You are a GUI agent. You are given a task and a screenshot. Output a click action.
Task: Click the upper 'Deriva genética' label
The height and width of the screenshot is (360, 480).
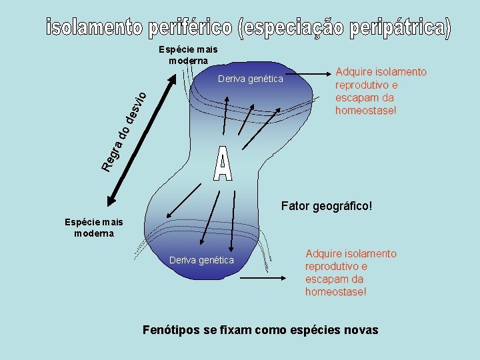[250, 79]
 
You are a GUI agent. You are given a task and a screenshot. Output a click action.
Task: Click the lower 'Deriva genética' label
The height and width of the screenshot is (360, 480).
[202, 260]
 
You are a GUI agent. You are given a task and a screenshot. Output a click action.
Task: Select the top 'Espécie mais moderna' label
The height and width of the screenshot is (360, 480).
[188, 55]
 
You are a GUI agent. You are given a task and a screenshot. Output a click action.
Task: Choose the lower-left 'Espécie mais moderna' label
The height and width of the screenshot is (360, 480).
[94, 227]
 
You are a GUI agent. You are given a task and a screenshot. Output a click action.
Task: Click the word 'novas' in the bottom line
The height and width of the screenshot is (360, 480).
[360, 330]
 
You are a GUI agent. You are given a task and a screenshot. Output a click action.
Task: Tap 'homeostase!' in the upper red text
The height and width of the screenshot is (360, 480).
[366, 110]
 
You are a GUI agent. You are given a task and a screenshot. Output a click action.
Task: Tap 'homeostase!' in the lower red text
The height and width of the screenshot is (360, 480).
[336, 292]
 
